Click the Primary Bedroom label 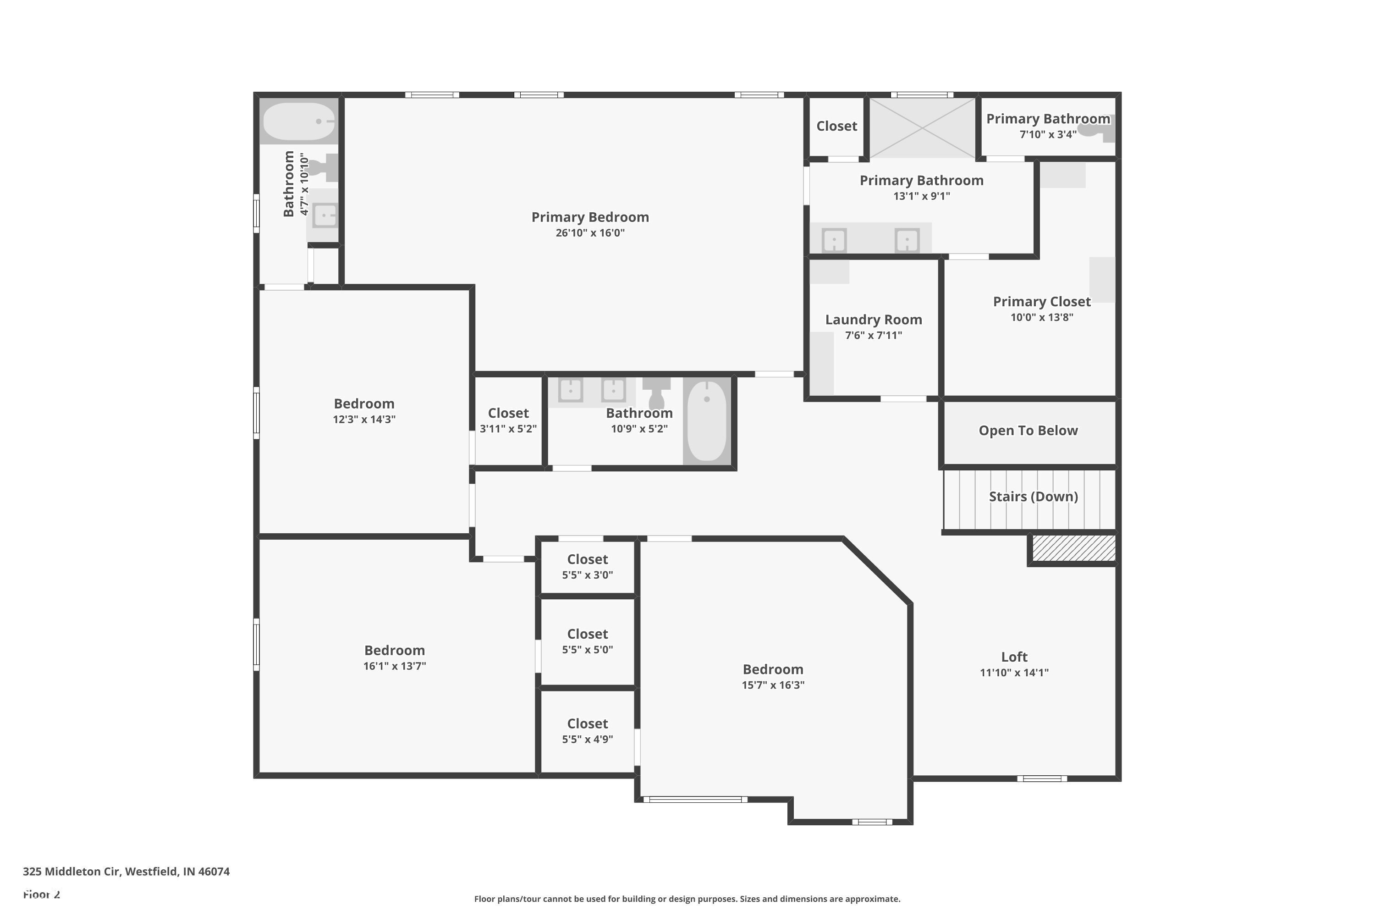[590, 217]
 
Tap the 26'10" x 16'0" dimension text [590, 233]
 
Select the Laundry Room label [874, 319]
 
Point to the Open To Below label [1028, 431]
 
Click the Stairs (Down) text [1033, 497]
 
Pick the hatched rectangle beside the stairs [1073, 548]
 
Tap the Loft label [1014, 657]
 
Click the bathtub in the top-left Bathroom [299, 122]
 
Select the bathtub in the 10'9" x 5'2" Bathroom [707, 420]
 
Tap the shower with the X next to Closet [922, 127]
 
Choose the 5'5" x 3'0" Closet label [587, 559]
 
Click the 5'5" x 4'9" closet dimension [587, 739]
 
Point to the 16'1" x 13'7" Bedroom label [395, 650]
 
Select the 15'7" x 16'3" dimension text [773, 685]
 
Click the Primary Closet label [1042, 302]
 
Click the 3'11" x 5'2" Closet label [508, 413]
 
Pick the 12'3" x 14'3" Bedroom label [363, 403]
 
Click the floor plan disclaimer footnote [687, 899]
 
